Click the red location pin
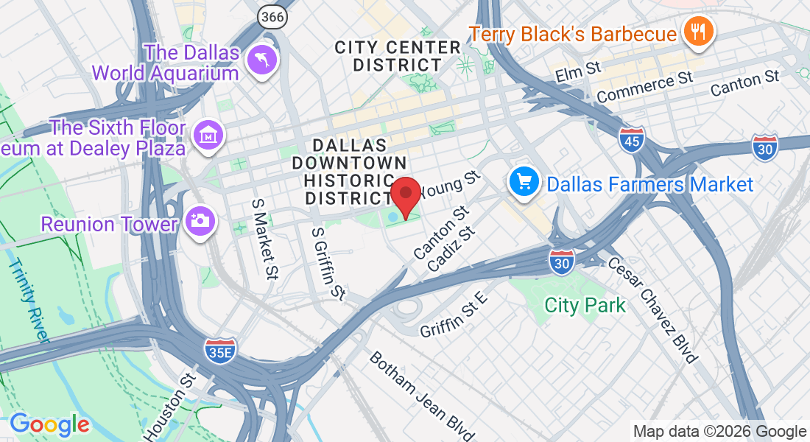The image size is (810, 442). click(x=405, y=195)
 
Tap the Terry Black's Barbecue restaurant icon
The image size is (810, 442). click(x=696, y=32)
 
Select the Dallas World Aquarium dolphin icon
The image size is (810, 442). click(x=261, y=60)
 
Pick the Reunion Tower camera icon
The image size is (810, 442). click(x=199, y=220)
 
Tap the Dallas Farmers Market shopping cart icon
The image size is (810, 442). click(x=524, y=181)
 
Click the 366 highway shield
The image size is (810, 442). click(x=272, y=16)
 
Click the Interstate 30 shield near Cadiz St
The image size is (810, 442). click(x=562, y=262)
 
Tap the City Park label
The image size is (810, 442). click(x=585, y=304)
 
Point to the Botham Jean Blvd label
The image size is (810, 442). click(x=421, y=395)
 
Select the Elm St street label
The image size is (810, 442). click(x=578, y=71)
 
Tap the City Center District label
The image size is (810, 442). click(x=398, y=57)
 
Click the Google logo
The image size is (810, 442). click(x=49, y=424)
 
